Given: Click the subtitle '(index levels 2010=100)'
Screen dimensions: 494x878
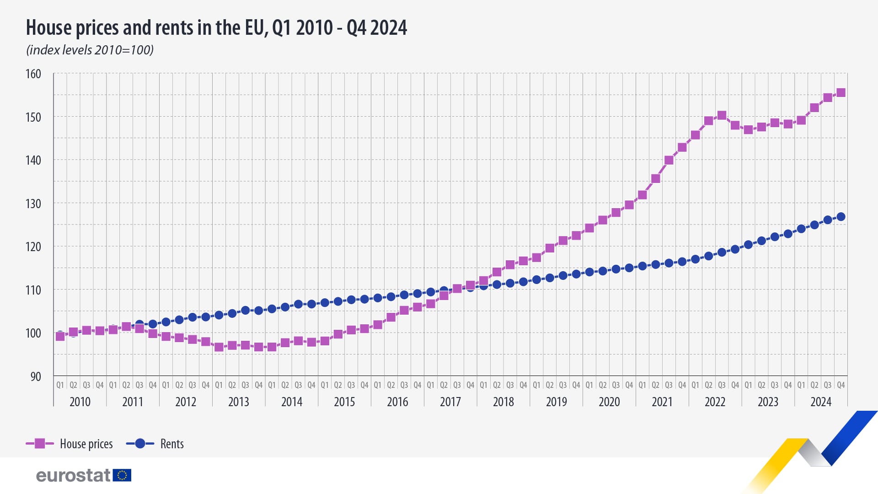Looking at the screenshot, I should click(90, 50).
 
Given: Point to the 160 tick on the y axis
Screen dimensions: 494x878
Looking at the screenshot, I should click(33, 74).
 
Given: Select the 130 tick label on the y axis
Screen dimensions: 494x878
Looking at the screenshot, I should click(33, 204).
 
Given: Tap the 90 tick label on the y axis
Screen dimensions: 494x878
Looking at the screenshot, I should click(36, 376).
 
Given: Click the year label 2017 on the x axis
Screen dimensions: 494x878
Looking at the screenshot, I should click(450, 402).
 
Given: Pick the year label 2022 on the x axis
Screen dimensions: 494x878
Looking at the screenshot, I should click(715, 402).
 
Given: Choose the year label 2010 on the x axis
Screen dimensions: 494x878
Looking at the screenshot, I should click(80, 402).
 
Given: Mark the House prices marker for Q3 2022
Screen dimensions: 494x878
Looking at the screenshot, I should click(722, 115).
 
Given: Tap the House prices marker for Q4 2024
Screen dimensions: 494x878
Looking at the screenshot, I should click(841, 93).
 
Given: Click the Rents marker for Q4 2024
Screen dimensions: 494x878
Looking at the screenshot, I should click(841, 217).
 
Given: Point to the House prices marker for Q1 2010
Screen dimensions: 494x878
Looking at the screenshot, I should click(60, 336).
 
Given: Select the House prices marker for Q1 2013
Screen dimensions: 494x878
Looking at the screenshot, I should click(219, 347).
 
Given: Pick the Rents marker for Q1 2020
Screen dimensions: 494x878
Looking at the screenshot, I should click(589, 272).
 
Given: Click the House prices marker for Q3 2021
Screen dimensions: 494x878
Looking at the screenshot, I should click(669, 160).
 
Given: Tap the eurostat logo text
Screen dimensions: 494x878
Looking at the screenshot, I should click(73, 476).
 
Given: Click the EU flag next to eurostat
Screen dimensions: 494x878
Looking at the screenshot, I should click(122, 475).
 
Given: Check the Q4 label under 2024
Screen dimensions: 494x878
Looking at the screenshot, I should click(841, 385).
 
